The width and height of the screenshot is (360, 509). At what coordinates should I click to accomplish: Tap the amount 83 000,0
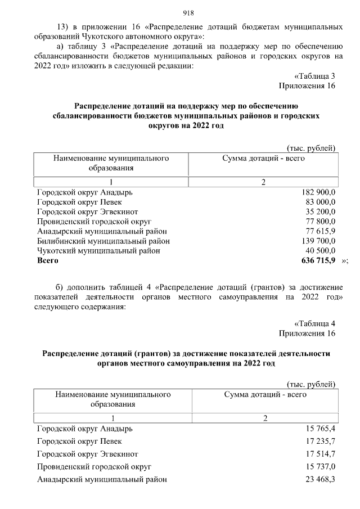click(317, 202)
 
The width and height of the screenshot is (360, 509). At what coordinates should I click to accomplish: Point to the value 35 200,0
click(317, 212)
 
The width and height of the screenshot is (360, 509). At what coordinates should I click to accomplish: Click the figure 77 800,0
click(317, 222)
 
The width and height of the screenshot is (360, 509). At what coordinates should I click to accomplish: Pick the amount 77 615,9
click(317, 231)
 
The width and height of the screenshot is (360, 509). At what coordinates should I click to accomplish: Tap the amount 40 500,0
click(317, 251)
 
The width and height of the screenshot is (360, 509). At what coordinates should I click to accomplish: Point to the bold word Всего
click(48, 260)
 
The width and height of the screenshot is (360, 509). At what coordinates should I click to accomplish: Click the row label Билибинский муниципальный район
click(103, 241)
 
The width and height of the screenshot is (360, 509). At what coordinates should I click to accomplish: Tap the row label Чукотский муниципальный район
click(98, 251)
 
